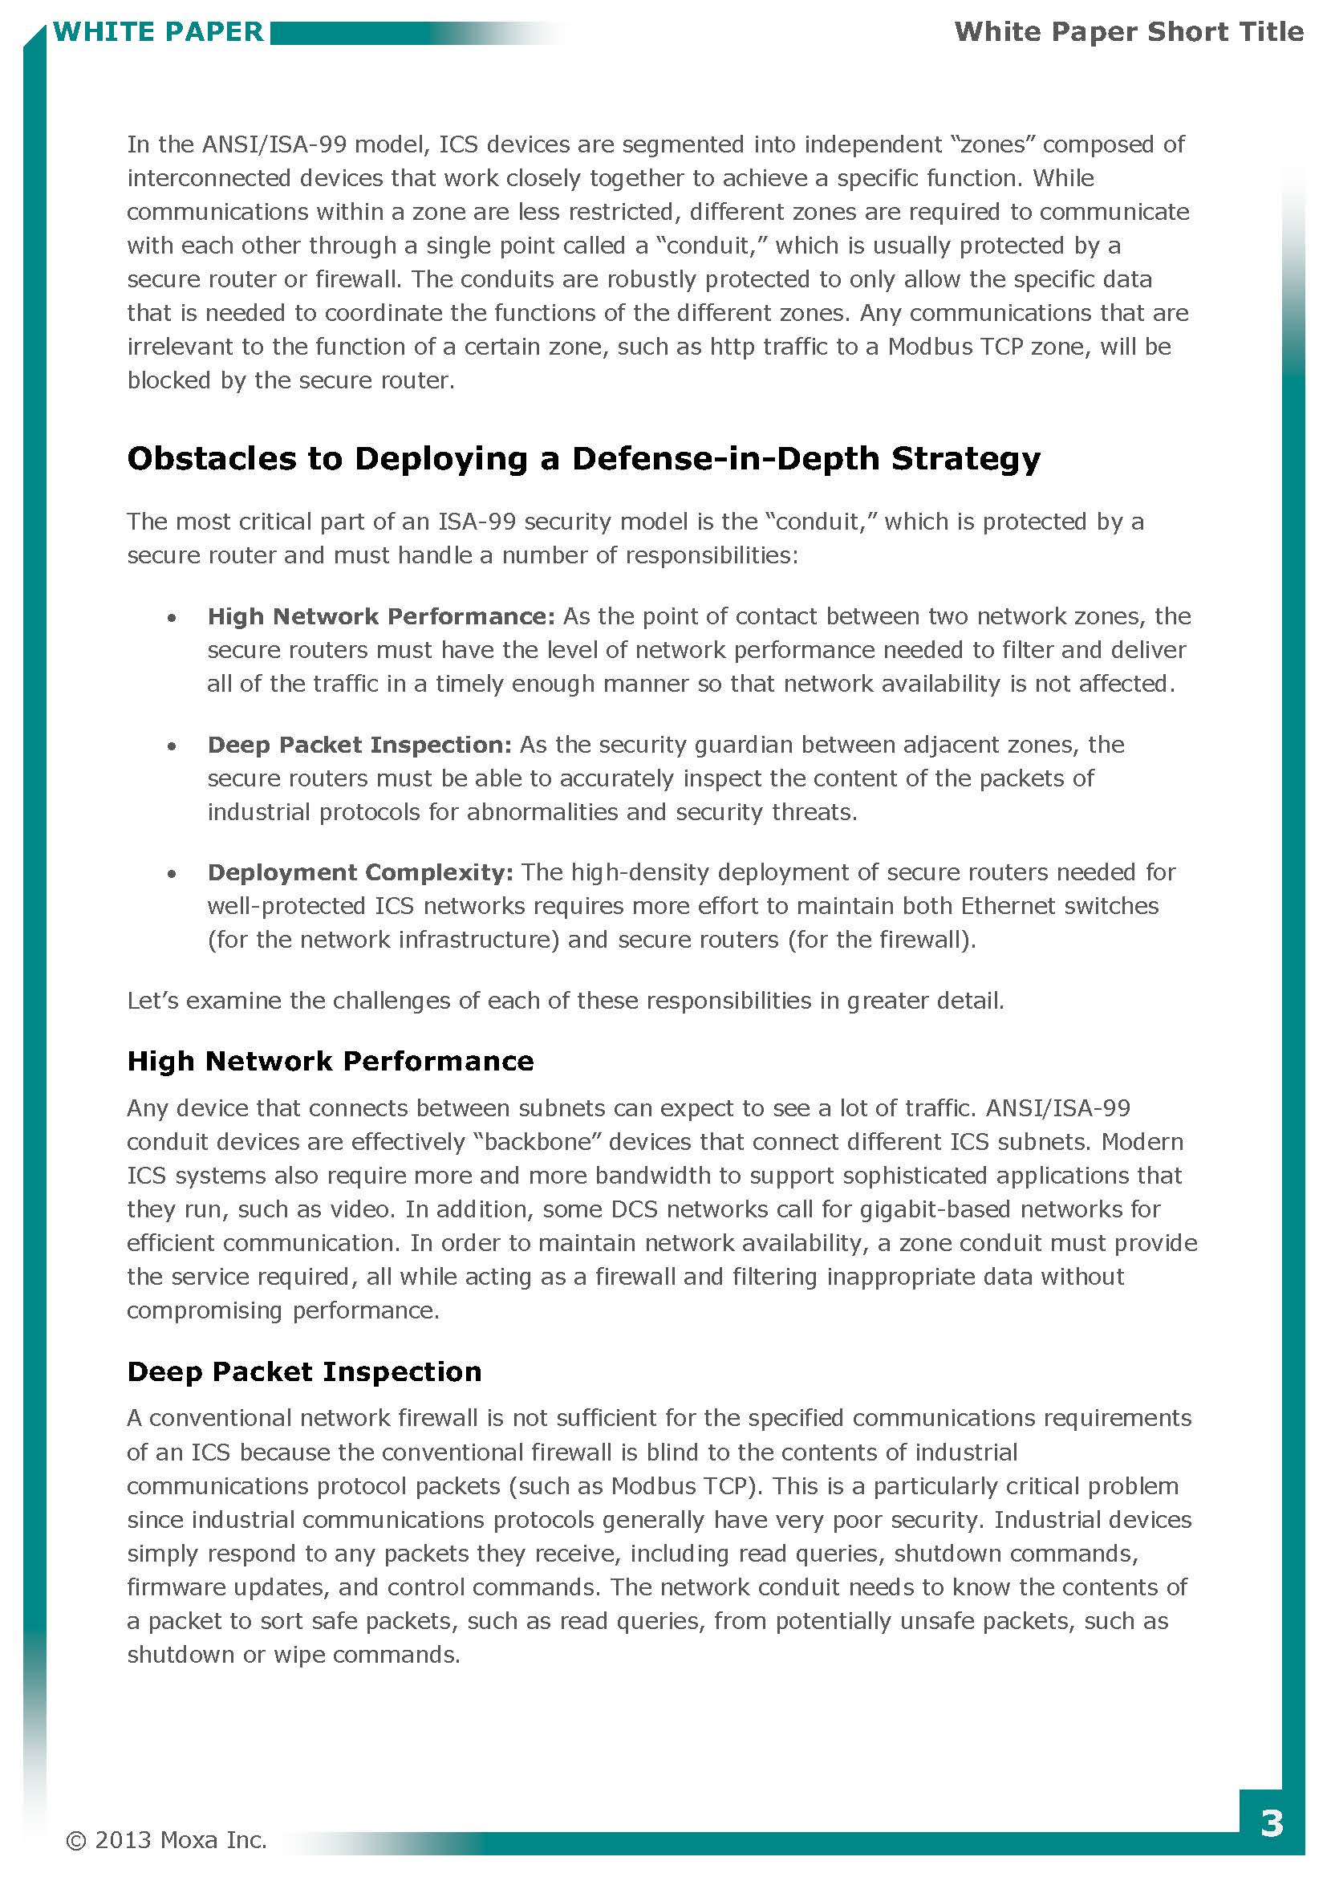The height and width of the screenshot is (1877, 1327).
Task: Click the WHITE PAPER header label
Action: point(158,32)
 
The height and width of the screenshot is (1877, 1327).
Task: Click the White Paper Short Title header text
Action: point(1129,32)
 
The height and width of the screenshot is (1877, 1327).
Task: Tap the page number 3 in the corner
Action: point(1272,1823)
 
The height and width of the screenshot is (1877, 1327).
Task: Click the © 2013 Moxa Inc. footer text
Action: point(166,1839)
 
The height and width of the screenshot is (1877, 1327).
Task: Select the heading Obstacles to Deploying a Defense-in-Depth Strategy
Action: point(583,459)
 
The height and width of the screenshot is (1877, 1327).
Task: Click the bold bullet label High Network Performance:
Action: point(381,616)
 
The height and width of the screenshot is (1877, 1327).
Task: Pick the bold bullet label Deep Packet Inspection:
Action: point(359,745)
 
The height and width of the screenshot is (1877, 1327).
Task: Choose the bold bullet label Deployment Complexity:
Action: point(359,872)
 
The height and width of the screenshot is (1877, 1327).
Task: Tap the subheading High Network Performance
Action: point(330,1061)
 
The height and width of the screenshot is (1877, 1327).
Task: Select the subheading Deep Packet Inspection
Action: point(304,1371)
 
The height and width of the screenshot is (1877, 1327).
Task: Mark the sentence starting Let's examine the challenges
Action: point(565,1001)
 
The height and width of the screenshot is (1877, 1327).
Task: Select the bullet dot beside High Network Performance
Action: point(172,619)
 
